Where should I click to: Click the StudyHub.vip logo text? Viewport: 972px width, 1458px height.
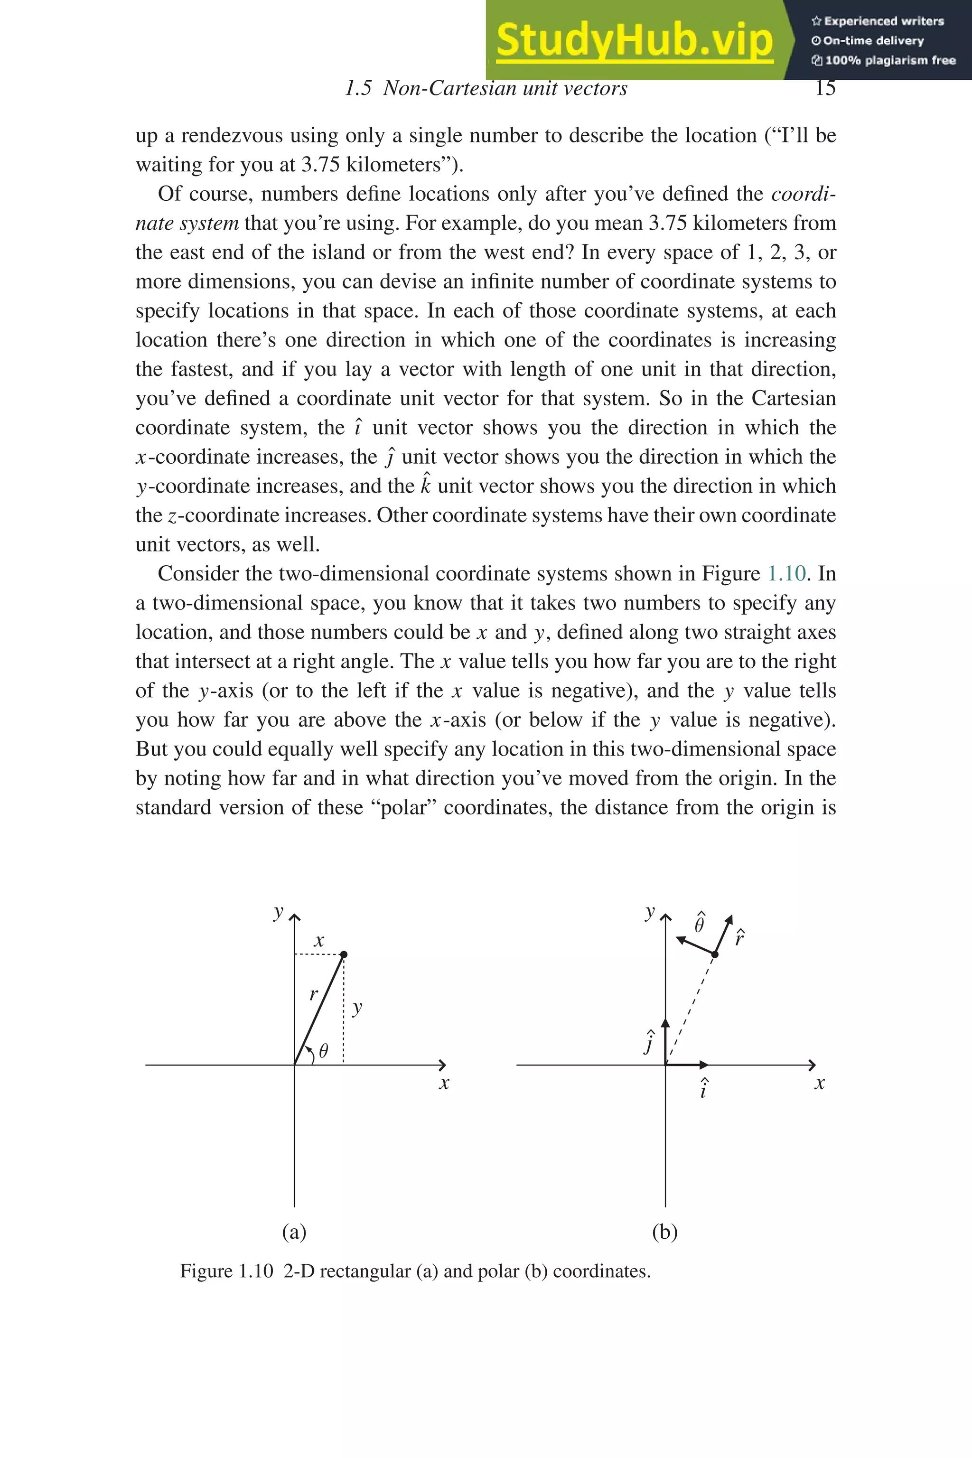point(634,40)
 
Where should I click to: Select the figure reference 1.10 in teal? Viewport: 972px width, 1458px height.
point(786,573)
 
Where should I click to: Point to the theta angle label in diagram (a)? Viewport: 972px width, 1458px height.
point(323,1051)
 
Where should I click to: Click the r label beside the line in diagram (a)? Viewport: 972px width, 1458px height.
point(314,994)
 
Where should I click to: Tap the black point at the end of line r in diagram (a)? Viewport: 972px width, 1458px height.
point(344,954)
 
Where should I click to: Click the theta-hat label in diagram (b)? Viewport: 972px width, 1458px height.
point(700,924)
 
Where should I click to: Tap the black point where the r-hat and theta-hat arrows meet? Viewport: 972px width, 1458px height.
point(714,954)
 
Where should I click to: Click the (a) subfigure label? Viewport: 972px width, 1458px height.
point(294,1231)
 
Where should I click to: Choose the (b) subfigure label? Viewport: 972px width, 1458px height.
point(664,1231)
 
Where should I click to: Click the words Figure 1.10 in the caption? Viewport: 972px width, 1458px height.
point(226,1271)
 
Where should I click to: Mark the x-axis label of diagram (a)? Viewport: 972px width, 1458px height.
point(444,1084)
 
